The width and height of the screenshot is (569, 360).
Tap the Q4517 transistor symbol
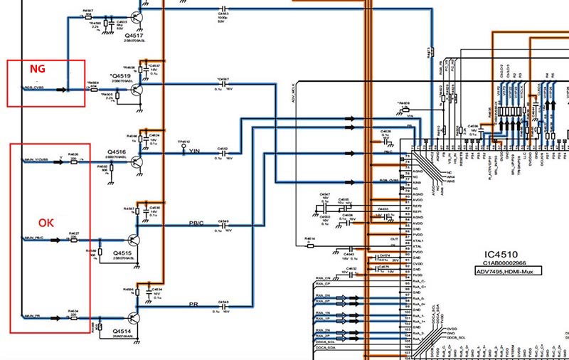point(136,18)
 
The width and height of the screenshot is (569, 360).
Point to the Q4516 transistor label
point(117,152)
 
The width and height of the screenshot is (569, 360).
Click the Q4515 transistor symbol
point(134,242)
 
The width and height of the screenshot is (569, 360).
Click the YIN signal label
point(194,152)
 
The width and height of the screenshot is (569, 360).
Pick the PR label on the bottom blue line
point(193,305)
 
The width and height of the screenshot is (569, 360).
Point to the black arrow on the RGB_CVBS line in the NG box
point(62,90)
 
